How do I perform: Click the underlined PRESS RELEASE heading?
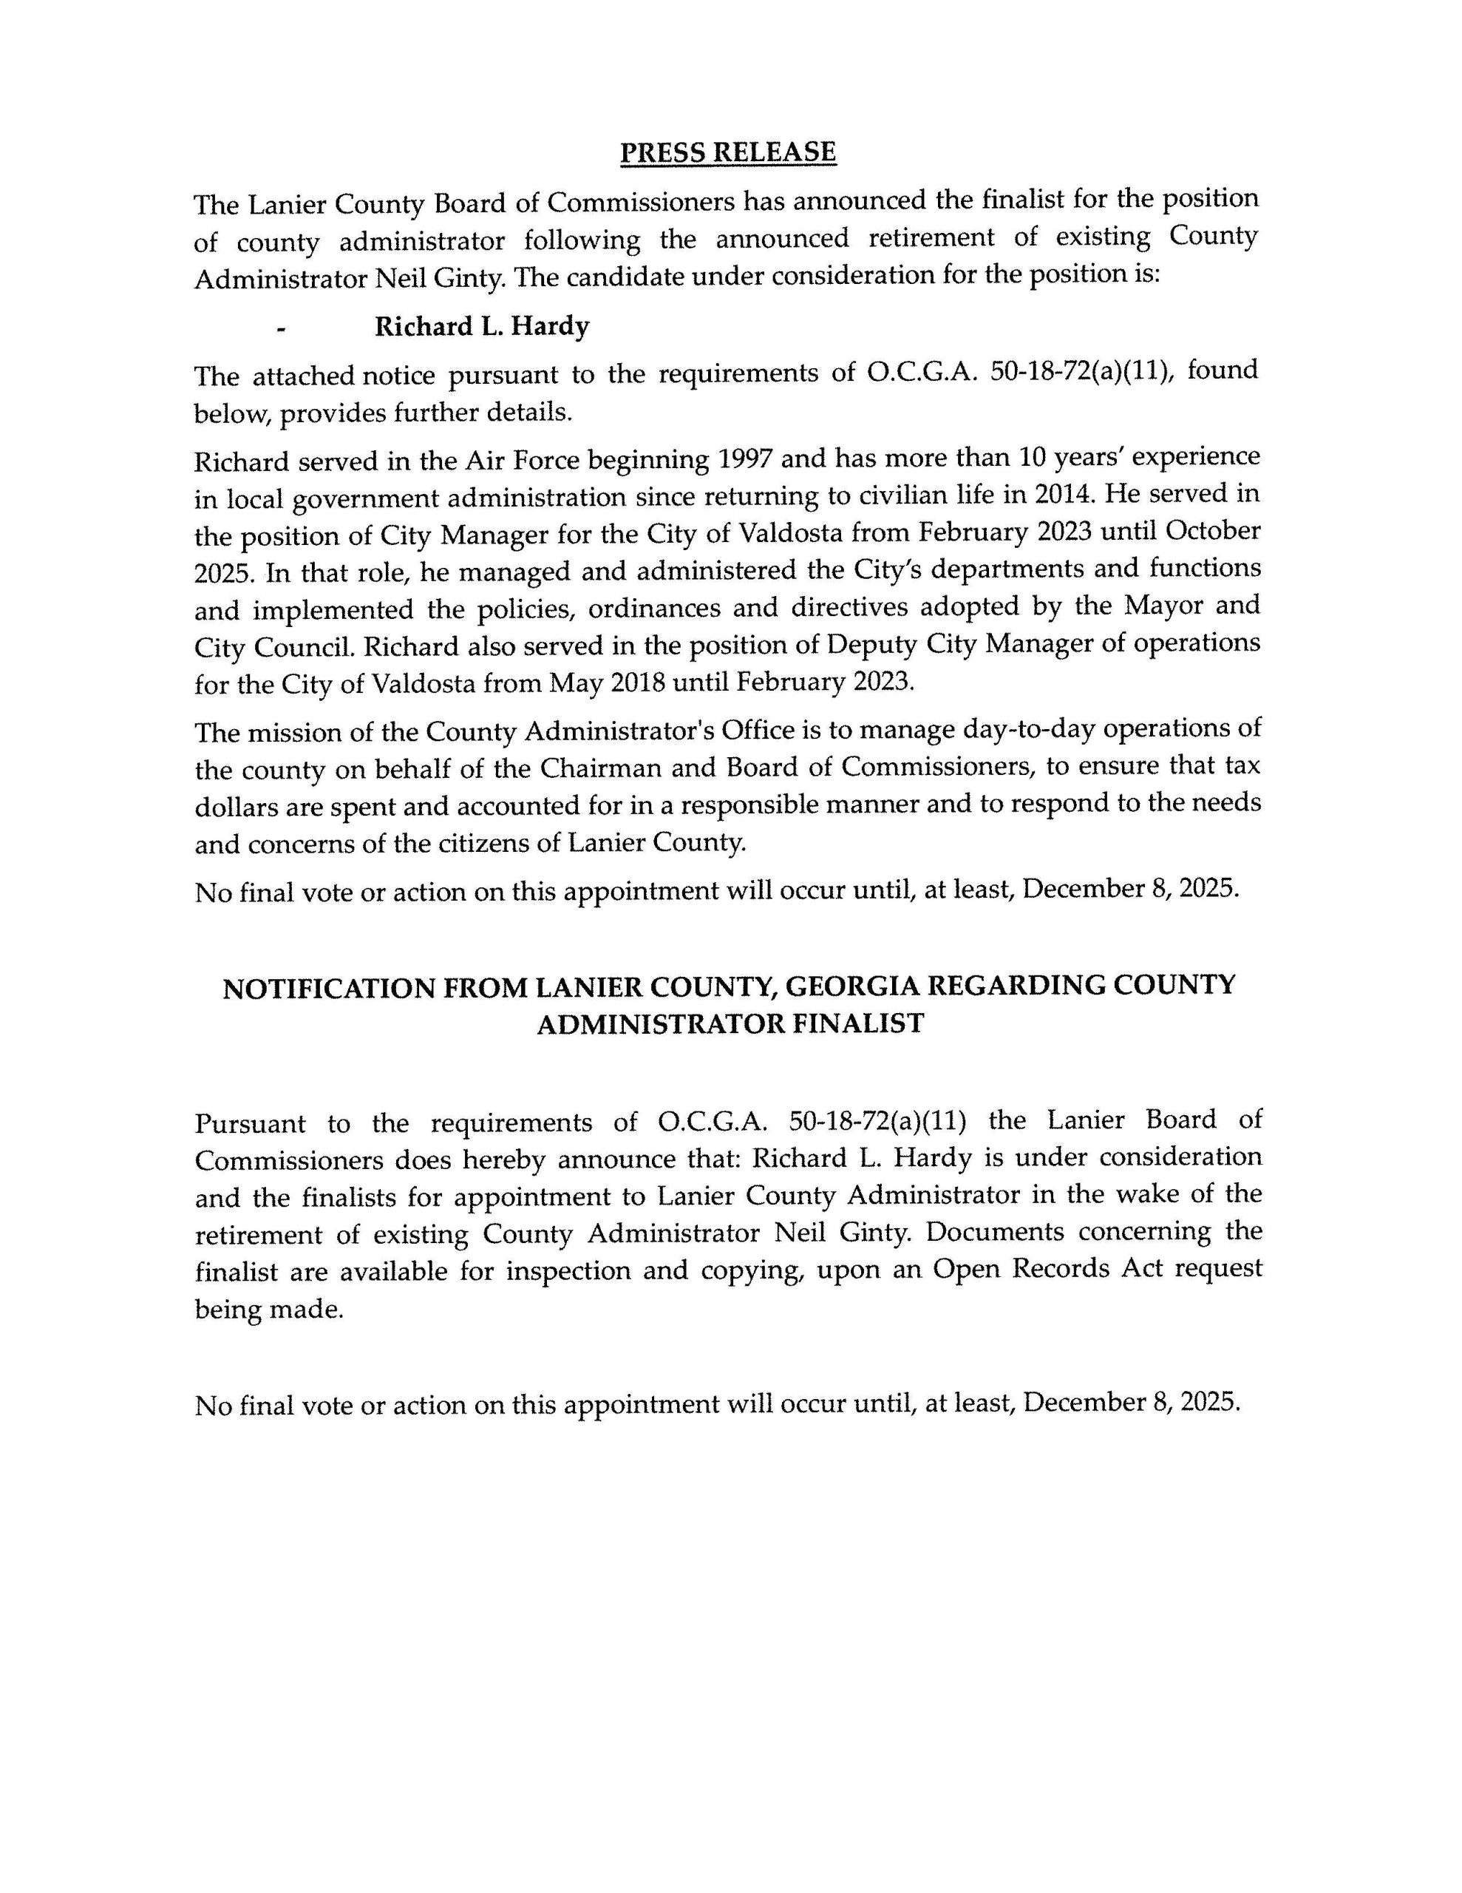point(728,152)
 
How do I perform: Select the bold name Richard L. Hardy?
point(482,327)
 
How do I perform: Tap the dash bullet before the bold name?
point(281,329)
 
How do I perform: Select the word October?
point(1211,530)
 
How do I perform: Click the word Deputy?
point(872,644)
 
